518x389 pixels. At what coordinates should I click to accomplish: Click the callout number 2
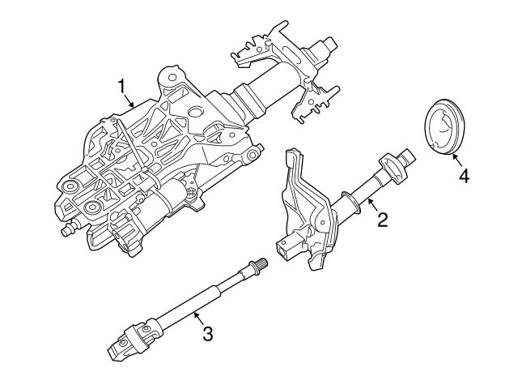pyautogui.click(x=382, y=219)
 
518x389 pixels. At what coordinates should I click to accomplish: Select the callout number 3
pyautogui.click(x=207, y=332)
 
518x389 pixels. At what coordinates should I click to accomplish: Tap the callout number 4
pyautogui.click(x=464, y=175)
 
